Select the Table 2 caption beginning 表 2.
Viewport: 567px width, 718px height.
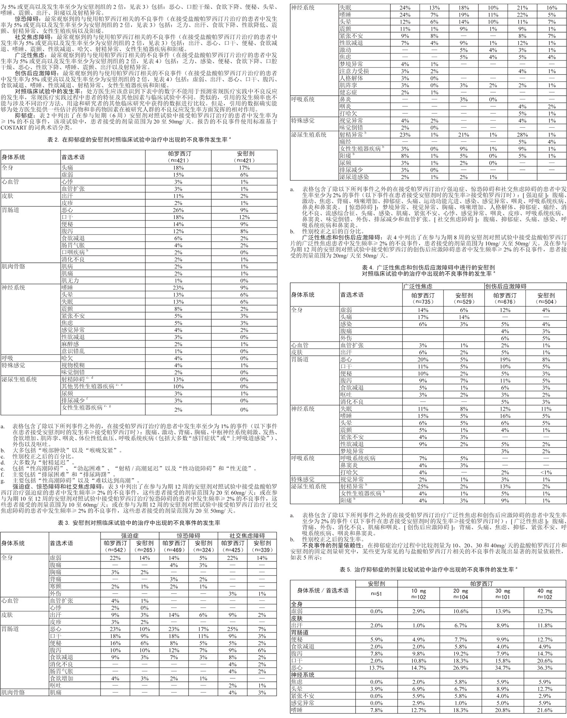[139, 140]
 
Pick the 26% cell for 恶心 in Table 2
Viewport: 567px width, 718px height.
[178, 210]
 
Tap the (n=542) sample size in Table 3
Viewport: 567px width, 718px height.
[115, 550]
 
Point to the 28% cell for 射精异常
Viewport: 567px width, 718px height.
[522, 135]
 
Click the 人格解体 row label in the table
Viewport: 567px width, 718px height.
[351, 78]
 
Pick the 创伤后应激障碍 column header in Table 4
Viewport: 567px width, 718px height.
[506, 286]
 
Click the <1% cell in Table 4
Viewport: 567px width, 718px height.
[546, 472]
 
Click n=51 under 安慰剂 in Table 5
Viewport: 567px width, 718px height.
[376, 594]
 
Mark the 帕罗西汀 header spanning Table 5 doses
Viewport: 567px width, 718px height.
[482, 584]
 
